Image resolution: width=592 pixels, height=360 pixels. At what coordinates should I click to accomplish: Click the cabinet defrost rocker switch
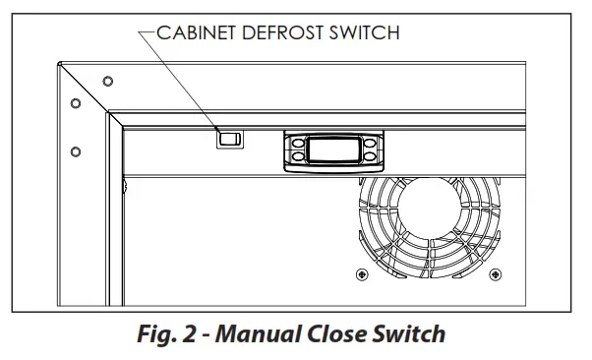(x=229, y=139)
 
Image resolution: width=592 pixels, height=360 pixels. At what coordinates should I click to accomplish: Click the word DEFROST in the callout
(x=281, y=32)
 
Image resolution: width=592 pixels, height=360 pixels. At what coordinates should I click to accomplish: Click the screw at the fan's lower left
(x=363, y=272)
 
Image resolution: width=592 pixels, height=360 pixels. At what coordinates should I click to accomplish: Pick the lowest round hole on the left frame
(x=75, y=150)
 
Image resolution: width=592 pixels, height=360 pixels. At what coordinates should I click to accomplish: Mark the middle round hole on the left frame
(x=75, y=102)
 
